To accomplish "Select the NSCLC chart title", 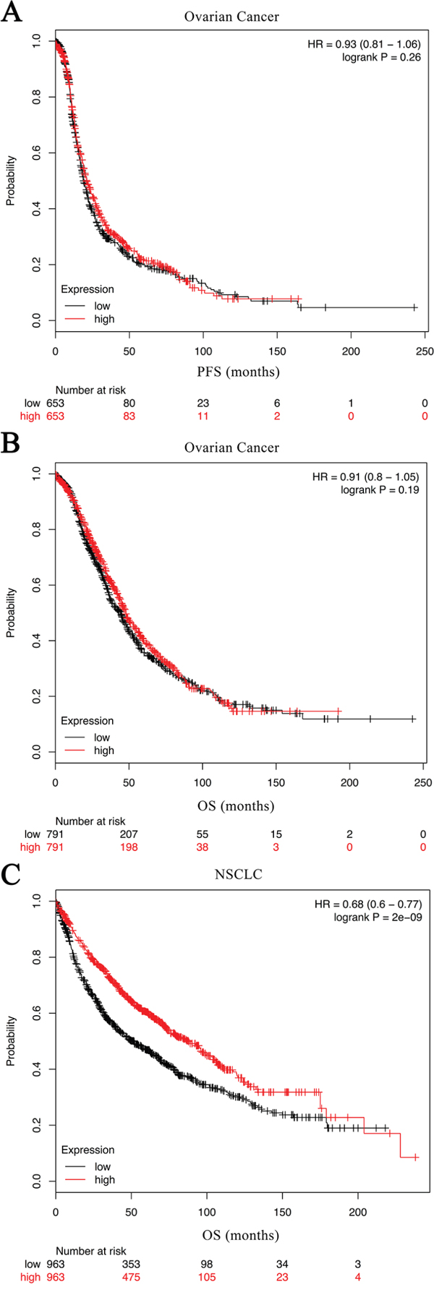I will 238,875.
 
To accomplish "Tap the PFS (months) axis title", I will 239,372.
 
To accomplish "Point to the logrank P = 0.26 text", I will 381,57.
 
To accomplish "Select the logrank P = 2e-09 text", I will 378,918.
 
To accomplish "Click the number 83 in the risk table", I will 129,416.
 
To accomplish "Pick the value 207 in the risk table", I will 129,834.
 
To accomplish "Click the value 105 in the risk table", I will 207,1277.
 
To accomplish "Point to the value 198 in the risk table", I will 129,847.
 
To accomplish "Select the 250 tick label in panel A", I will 425,351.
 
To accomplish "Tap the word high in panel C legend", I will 104,1179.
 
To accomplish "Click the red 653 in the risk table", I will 55,416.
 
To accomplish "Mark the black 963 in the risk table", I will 55,1264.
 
